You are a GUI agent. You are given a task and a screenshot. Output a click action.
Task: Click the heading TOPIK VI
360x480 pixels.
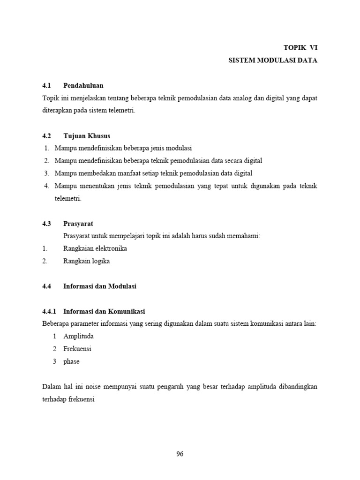tap(300, 47)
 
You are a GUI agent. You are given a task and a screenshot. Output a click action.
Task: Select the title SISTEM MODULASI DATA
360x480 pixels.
tap(273, 60)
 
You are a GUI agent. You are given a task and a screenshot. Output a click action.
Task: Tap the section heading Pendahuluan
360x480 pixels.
tap(83, 85)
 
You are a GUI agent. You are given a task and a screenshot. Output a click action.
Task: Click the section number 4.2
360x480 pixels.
tap(46, 135)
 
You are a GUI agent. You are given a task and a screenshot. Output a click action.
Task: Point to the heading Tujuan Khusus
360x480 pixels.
tap(87, 135)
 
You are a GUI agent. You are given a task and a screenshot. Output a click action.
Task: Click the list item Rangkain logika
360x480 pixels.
tap(87, 261)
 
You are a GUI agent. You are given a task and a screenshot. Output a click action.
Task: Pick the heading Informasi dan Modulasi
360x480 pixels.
tap(100, 286)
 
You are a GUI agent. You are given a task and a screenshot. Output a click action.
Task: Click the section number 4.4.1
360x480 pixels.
tap(49, 311)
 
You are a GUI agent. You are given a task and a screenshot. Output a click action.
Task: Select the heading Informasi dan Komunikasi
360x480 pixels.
tap(104, 311)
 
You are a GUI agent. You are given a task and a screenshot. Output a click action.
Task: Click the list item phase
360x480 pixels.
tap(71, 361)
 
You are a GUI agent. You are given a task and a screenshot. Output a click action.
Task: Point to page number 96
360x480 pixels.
tap(180, 454)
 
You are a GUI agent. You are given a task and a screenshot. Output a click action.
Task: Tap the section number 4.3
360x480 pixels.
tap(46, 224)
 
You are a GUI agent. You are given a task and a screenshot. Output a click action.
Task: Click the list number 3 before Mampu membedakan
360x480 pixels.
tap(47, 173)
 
